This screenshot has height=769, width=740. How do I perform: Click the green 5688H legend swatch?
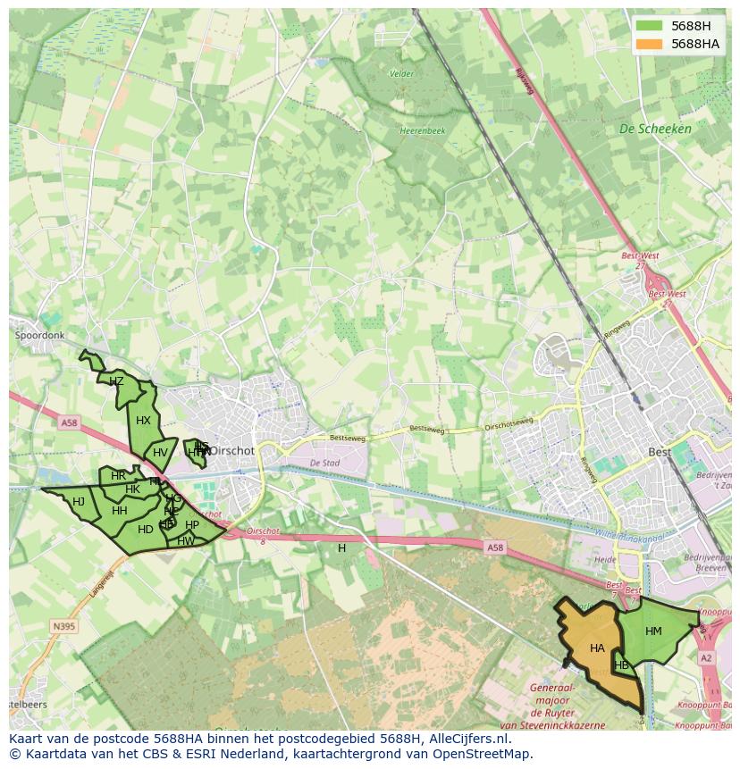point(649,26)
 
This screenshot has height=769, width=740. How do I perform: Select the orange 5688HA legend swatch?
point(649,44)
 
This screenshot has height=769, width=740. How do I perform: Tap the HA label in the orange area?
point(597,648)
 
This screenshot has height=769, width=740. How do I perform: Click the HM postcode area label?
point(653,631)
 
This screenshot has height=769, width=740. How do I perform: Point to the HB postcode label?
point(622,665)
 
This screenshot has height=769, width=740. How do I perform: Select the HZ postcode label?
point(116,381)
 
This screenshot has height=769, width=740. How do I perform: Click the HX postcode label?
point(143,421)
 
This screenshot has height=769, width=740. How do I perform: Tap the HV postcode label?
point(160,453)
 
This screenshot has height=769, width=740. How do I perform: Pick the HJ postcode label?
point(79,502)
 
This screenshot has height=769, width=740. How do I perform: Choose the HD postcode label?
point(145,530)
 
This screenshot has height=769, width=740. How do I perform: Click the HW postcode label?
point(186,541)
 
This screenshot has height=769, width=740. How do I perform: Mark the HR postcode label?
point(118,476)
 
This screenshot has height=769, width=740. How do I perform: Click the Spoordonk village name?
point(39,336)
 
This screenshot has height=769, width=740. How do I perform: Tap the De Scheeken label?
point(655,129)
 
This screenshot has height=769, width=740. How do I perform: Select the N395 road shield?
point(63,626)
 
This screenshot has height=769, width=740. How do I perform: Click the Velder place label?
point(402,74)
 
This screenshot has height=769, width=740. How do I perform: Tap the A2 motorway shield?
point(707,658)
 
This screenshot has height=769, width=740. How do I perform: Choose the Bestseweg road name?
point(349,438)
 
